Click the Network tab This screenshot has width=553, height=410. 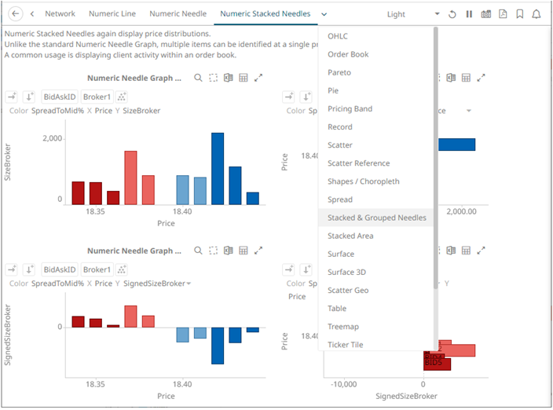(x=60, y=14)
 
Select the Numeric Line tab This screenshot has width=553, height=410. (x=112, y=14)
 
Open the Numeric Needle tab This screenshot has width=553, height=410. (x=178, y=14)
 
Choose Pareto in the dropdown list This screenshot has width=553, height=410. (x=339, y=72)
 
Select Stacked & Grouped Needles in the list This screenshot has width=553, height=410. (x=376, y=218)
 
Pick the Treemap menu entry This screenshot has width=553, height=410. (x=342, y=327)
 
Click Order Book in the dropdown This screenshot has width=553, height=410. (x=348, y=54)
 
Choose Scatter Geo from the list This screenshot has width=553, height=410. (x=348, y=291)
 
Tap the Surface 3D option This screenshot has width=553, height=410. (x=346, y=273)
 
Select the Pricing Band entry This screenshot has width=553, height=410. (x=350, y=109)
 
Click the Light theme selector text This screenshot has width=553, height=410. (x=396, y=14)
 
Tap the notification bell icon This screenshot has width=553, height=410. (x=536, y=14)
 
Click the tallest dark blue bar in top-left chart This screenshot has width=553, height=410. (x=218, y=169)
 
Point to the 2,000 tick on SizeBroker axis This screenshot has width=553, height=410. (x=52, y=138)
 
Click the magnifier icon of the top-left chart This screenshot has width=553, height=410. (x=198, y=78)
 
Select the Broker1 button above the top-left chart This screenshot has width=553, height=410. (x=97, y=97)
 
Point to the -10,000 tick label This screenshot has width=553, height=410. (x=344, y=384)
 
